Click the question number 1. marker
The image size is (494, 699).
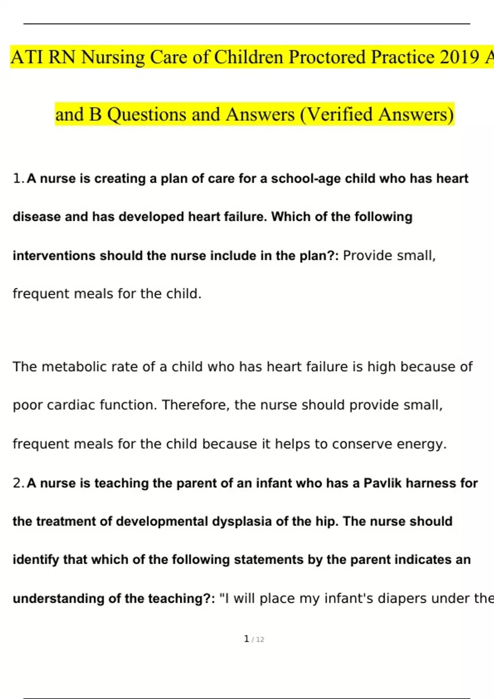[19, 178]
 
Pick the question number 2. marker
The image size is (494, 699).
[19, 483]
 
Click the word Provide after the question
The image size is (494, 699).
[366, 255]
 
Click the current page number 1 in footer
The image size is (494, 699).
[246, 639]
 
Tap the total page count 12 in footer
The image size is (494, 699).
[260, 639]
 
